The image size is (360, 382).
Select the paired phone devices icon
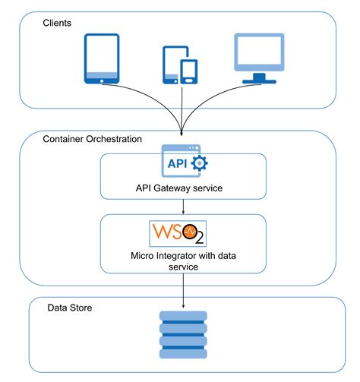click(x=179, y=64)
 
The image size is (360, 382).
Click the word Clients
click(x=57, y=23)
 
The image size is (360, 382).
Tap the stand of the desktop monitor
click(x=258, y=77)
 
